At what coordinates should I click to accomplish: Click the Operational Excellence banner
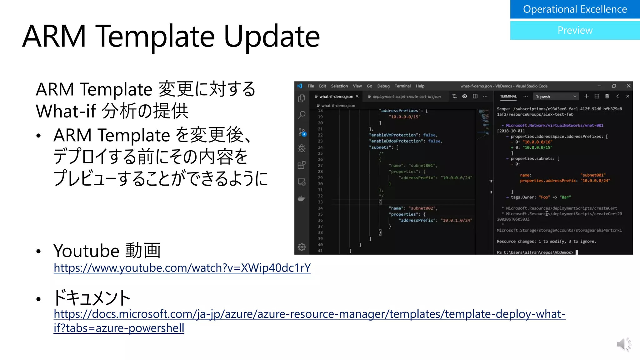pyautogui.click(x=575, y=9)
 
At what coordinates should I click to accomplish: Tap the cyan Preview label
pyautogui.click(x=575, y=30)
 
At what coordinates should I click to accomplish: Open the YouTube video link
pyautogui.click(x=182, y=268)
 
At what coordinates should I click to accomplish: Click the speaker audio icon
pyautogui.click(x=623, y=344)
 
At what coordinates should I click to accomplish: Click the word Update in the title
pyautogui.click(x=272, y=37)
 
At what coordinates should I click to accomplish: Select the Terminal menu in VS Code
pyautogui.click(x=402, y=86)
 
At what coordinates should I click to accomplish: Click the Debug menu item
pyautogui.click(x=383, y=86)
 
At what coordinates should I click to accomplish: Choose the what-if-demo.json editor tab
pyautogui.click(x=336, y=97)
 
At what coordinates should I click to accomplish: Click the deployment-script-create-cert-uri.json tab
pyautogui.click(x=406, y=97)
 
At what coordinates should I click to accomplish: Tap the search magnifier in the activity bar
pyautogui.click(x=302, y=115)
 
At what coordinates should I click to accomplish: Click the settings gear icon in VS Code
pyautogui.click(x=302, y=247)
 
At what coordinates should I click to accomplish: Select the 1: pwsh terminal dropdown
pyautogui.click(x=556, y=97)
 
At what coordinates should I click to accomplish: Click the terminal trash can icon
pyautogui.click(x=607, y=96)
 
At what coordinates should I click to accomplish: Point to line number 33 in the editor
pyautogui.click(x=320, y=202)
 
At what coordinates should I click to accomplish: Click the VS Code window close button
pyautogui.click(x=628, y=86)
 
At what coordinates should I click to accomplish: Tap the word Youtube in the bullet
pyautogui.click(x=87, y=251)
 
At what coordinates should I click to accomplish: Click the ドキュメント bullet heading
pyautogui.click(x=92, y=297)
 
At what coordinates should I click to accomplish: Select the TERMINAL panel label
pyautogui.click(x=508, y=97)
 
